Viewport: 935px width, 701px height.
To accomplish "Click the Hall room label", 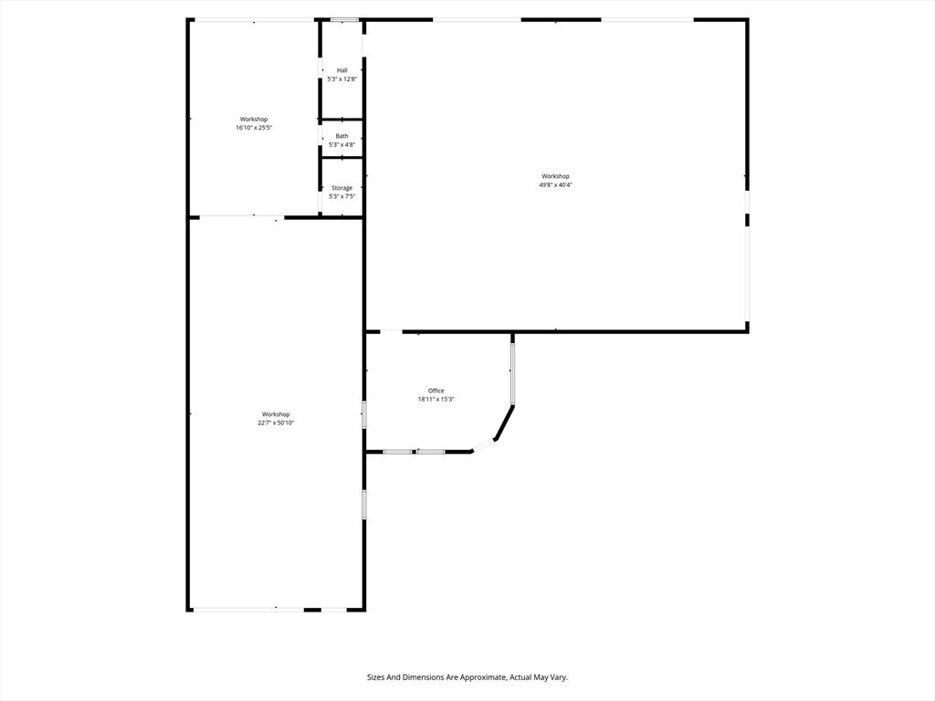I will pos(341,70).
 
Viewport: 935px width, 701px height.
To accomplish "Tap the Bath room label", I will pos(341,136).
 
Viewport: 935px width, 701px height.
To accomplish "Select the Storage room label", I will pos(341,188).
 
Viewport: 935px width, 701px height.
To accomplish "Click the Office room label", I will pos(436,391).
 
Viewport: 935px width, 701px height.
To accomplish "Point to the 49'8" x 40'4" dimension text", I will pos(555,185).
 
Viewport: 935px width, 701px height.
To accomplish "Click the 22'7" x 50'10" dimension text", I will pos(276,423).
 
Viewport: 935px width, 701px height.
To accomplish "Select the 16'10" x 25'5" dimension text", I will pos(254,128).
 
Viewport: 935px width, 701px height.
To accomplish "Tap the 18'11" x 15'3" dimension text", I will pos(436,399).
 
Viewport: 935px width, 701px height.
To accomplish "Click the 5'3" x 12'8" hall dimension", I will pos(341,79).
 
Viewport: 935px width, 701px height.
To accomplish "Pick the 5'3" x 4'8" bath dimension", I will pos(341,145).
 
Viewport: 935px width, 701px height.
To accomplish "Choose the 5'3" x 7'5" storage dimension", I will pos(341,196).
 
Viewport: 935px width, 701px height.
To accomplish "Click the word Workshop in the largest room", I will pos(555,176).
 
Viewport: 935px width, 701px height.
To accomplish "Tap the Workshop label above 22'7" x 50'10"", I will pos(276,414).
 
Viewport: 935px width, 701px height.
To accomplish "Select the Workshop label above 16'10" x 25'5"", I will pos(254,119).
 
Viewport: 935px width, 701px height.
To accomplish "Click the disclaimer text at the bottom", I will pos(467,677).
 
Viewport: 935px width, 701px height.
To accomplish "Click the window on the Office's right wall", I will pos(512,372).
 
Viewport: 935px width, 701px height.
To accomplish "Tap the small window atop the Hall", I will pos(344,19).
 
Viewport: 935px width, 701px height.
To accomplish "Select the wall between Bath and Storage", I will pos(341,158).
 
